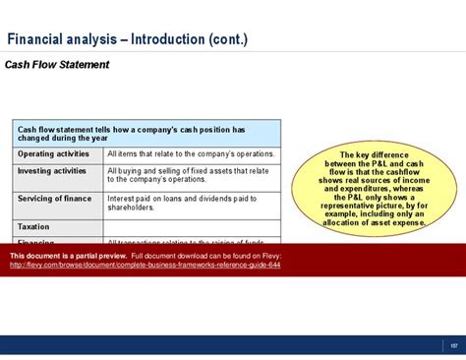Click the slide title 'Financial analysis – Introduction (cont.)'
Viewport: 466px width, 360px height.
pyautogui.click(x=128, y=40)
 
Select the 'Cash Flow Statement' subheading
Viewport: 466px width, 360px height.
pyautogui.click(x=57, y=66)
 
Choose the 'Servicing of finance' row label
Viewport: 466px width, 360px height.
pyautogui.click(x=54, y=199)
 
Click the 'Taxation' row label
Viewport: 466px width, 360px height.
pyautogui.click(x=33, y=226)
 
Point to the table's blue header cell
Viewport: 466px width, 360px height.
pyautogui.click(x=146, y=134)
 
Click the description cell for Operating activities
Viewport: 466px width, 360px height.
pyautogui.click(x=191, y=154)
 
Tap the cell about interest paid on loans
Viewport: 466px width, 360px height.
pyautogui.click(x=191, y=204)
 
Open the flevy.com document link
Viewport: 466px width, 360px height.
pyautogui.click(x=145, y=266)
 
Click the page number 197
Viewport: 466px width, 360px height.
pyautogui.click(x=453, y=344)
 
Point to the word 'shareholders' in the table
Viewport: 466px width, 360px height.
pyautogui.click(x=134, y=208)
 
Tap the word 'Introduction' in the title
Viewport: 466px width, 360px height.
pyautogui.click(x=165, y=40)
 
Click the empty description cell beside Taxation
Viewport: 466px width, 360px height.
pyautogui.click(x=191, y=226)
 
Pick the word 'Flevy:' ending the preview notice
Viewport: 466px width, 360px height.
pyautogui.click(x=270, y=257)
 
